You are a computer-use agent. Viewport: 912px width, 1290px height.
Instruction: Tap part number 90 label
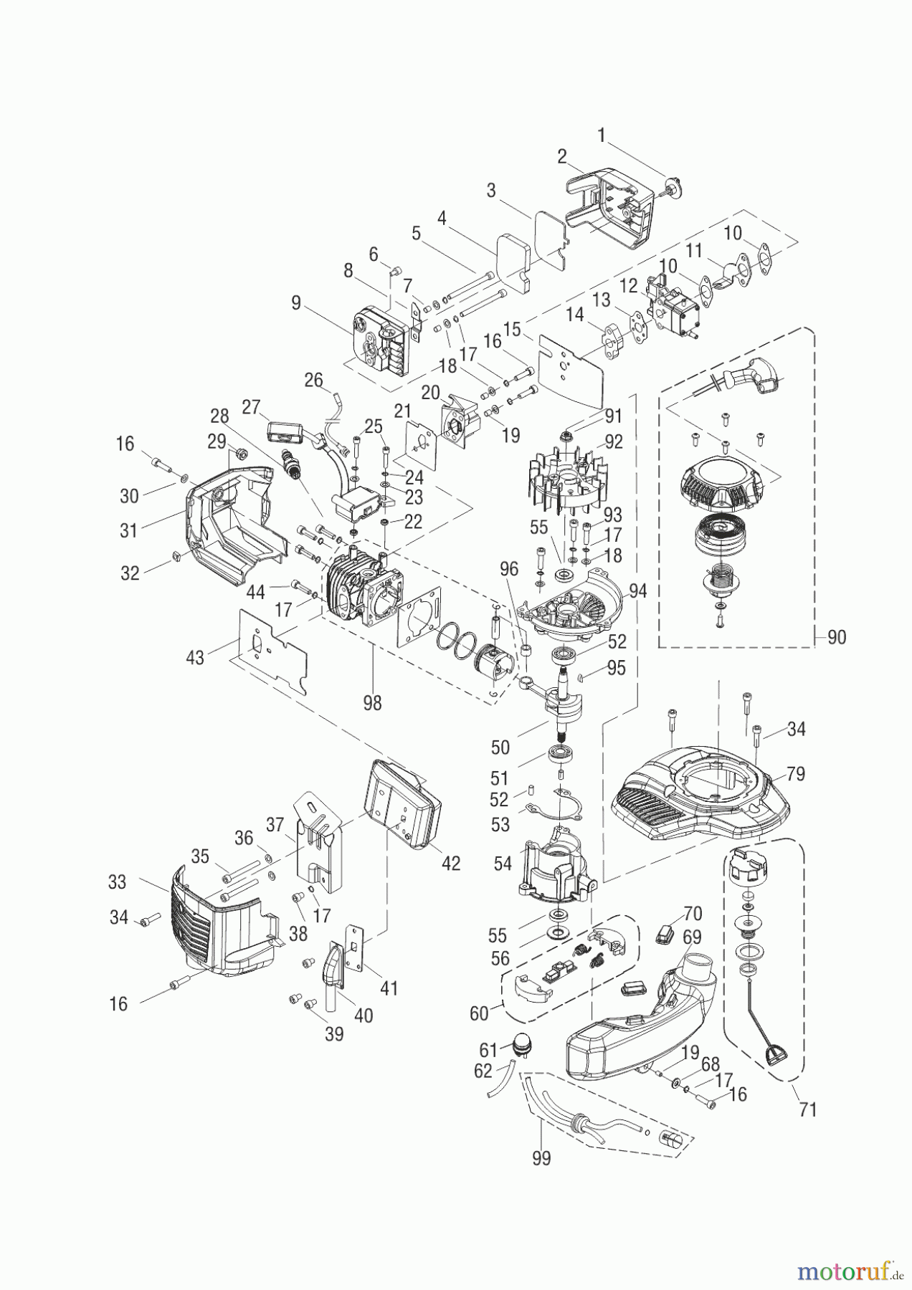836,637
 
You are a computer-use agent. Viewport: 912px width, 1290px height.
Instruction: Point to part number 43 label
195,657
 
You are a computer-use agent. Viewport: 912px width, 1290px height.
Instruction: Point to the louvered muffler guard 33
224,923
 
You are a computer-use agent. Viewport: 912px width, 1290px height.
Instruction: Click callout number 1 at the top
602,135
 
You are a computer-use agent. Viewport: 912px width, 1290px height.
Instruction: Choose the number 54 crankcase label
503,864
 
